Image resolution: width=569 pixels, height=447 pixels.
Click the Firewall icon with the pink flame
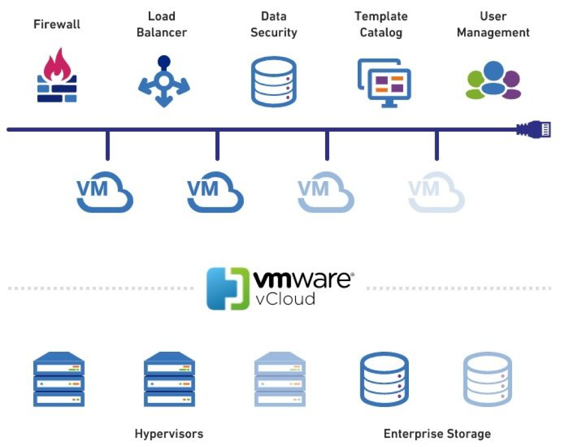(x=57, y=75)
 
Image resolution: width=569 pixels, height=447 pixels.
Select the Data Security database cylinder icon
(x=273, y=82)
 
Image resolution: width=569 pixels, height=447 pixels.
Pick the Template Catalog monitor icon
(x=384, y=82)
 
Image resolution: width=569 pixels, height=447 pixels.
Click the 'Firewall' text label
(x=57, y=24)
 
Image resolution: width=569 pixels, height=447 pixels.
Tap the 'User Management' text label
(x=493, y=24)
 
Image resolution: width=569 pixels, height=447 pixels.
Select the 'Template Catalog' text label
(x=381, y=24)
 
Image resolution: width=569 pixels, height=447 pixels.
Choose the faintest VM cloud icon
(x=436, y=191)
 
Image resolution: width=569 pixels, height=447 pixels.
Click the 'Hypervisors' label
(x=169, y=434)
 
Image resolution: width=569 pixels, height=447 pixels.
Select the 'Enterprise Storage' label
(x=437, y=434)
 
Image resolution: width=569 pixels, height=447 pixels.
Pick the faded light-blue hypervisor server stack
(x=280, y=379)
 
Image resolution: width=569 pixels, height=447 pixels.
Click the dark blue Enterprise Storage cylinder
(x=384, y=379)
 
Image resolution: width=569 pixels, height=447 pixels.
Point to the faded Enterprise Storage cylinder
(x=487, y=379)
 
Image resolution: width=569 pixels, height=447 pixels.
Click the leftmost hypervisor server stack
(x=59, y=379)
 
